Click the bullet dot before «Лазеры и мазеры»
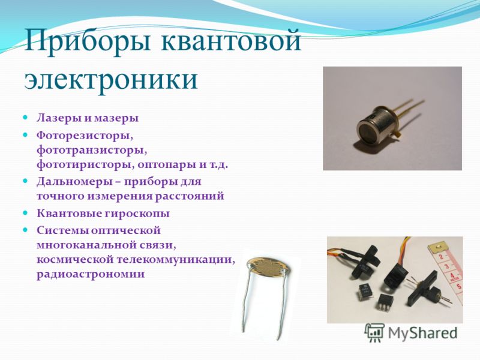[x=26, y=118]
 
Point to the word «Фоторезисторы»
[x=85, y=136]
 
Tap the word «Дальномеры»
[x=73, y=182]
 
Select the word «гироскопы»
[x=137, y=214]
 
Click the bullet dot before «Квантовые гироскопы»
[x=26, y=212]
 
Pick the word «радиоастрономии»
[x=91, y=274]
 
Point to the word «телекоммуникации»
[x=176, y=260]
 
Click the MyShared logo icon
[x=374, y=332]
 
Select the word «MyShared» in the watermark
[x=422, y=333]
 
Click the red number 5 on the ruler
[x=458, y=287]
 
